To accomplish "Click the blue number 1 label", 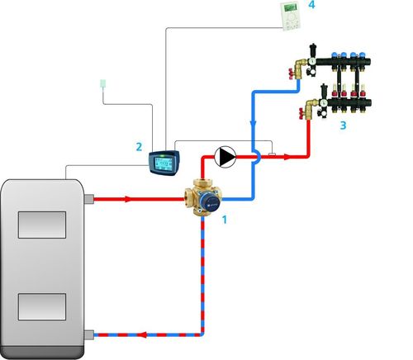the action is pyautogui.click(x=225, y=220).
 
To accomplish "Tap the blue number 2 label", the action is pyautogui.click(x=139, y=147).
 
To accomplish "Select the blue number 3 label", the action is pyautogui.click(x=343, y=126).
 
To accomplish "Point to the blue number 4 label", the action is pyautogui.click(x=311, y=5).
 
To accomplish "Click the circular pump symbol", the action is pyautogui.click(x=225, y=157).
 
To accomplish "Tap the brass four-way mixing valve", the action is pyautogui.click(x=203, y=197).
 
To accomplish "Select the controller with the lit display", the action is pyautogui.click(x=164, y=163).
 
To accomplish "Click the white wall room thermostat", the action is pyautogui.click(x=290, y=16).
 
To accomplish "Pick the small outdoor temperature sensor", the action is pyautogui.click(x=103, y=84).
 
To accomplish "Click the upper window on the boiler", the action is pyautogui.click(x=42, y=225).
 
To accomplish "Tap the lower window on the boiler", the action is pyautogui.click(x=42, y=306).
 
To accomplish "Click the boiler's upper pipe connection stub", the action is pyautogui.click(x=88, y=199).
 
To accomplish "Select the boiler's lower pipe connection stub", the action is pyautogui.click(x=88, y=335).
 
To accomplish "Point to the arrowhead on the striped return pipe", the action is pyautogui.click(x=141, y=335).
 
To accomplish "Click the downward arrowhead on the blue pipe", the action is pyautogui.click(x=253, y=124).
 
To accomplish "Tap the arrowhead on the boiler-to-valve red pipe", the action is pyautogui.click(x=127, y=199).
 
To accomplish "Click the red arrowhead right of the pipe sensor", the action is pyautogui.click(x=287, y=157).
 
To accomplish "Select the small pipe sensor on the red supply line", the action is pyautogui.click(x=272, y=154).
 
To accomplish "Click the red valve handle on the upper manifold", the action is pyautogui.click(x=290, y=74).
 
